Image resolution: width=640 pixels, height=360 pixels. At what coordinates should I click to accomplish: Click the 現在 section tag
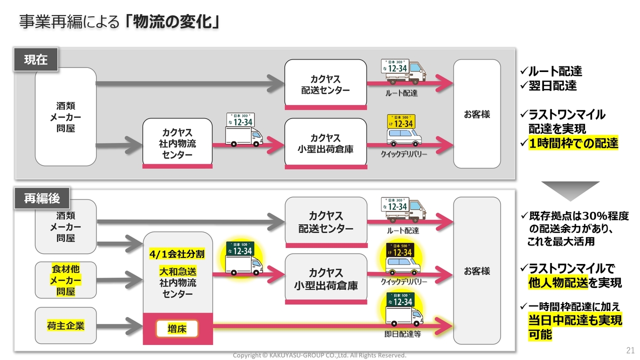click(36, 59)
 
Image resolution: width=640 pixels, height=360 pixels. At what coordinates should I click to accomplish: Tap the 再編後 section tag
click(42, 198)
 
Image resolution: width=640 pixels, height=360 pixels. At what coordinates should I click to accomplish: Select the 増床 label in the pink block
click(177, 329)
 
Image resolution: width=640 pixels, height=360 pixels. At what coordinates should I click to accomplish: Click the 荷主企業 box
click(65, 325)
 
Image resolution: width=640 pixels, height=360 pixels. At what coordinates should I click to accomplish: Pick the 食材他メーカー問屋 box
click(65, 280)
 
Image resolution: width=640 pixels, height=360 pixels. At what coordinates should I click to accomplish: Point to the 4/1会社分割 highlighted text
click(177, 254)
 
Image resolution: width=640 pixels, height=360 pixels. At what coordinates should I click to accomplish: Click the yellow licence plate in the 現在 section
click(401, 121)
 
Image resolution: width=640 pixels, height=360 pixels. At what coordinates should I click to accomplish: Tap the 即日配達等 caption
click(402, 334)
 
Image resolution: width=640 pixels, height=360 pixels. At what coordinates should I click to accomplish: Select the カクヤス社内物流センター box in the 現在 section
click(177, 143)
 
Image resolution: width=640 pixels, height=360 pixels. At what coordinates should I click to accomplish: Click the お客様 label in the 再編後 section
click(477, 271)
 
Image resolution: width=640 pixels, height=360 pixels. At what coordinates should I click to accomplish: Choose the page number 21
click(630, 350)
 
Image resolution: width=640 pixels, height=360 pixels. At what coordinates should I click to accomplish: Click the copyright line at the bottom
click(319, 355)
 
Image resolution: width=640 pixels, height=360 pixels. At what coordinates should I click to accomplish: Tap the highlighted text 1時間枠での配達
click(573, 143)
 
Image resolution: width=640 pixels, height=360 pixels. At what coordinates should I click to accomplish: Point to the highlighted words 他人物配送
click(558, 283)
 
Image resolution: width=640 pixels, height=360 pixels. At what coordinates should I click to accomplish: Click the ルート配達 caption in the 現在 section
click(401, 93)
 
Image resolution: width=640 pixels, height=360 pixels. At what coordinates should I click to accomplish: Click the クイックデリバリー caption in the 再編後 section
click(403, 281)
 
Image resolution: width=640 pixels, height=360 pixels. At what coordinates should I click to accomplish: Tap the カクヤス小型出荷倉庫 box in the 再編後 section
click(326, 278)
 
